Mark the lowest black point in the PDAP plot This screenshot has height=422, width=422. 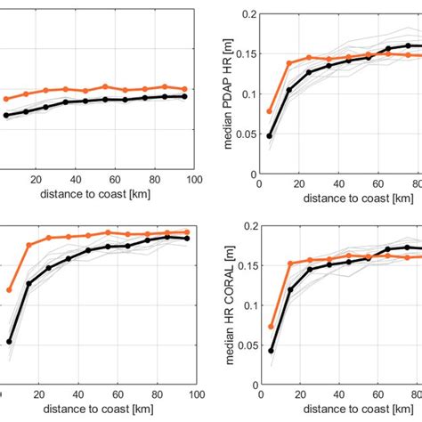tap(270, 135)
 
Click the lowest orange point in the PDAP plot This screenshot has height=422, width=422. tap(270, 111)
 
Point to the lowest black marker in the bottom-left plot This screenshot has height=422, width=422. tap(10, 341)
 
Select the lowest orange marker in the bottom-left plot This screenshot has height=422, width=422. tap(10, 289)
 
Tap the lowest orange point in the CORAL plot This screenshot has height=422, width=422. tap(271, 327)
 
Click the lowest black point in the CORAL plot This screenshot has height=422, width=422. tap(271, 350)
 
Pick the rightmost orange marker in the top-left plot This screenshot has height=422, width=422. tap(184, 89)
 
